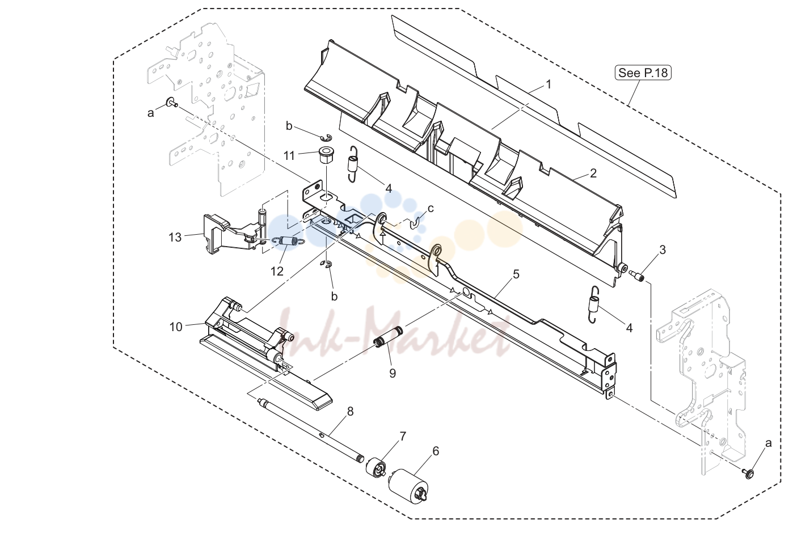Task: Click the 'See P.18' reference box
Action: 643,73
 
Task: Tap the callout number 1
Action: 549,84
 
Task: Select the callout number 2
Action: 593,173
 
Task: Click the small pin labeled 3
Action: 636,274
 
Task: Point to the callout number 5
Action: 516,274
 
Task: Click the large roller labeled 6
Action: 408,485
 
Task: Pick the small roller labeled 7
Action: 376,467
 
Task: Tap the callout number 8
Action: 351,412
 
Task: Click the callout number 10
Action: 176,327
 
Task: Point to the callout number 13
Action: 175,237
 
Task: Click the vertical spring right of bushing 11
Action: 352,164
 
